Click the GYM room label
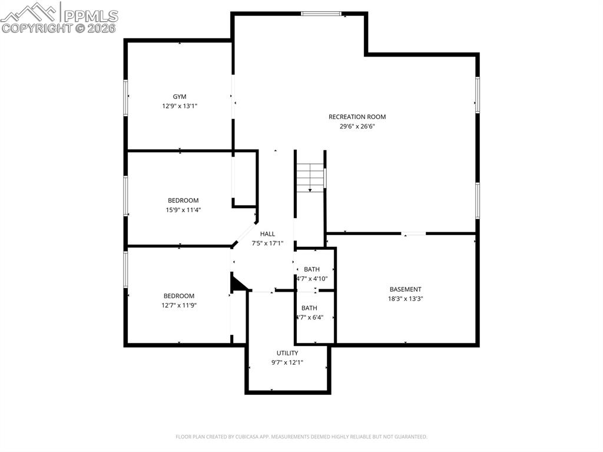(x=180, y=97)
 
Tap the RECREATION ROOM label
(x=357, y=117)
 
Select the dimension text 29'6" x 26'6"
(x=357, y=126)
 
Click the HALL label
(x=267, y=234)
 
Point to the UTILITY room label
(x=287, y=353)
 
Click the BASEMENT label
(x=405, y=289)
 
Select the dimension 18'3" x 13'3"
(x=405, y=298)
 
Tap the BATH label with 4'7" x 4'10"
(x=312, y=269)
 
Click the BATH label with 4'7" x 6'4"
(x=309, y=308)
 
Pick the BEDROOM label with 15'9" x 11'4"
(x=183, y=200)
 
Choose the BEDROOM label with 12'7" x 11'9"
(x=179, y=296)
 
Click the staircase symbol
(x=310, y=177)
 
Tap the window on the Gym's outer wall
(x=125, y=97)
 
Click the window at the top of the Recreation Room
(x=321, y=14)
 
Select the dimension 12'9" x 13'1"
(x=180, y=106)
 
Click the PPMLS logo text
(x=91, y=16)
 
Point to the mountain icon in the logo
(x=30, y=13)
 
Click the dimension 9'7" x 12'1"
(x=287, y=362)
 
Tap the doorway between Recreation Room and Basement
(x=414, y=233)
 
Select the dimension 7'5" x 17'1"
(x=267, y=243)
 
